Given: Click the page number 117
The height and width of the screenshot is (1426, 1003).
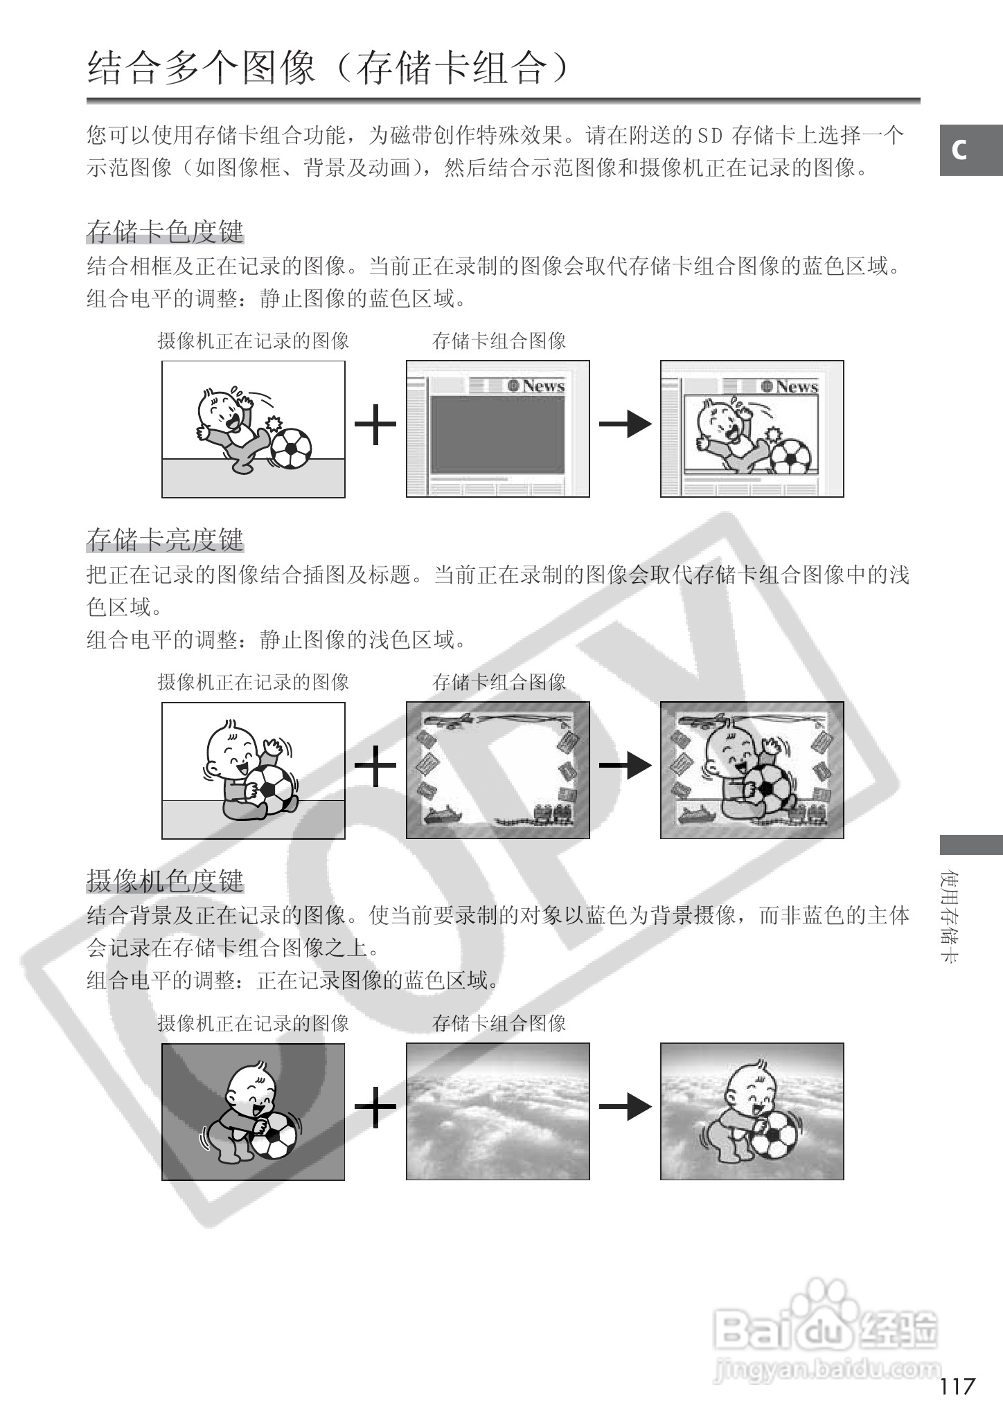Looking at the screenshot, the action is tap(957, 1386).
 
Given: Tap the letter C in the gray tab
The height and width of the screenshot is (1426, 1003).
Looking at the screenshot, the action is tap(959, 150).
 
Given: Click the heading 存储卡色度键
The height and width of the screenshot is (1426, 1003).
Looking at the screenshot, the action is tap(165, 231).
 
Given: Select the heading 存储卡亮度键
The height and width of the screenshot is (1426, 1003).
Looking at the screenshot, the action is tap(165, 539).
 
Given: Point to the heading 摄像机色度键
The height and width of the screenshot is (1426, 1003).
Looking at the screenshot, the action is tap(165, 881).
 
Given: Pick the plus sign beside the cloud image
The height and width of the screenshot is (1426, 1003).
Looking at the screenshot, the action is tap(375, 1106).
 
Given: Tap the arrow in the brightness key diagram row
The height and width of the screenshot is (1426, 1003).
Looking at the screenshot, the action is tap(625, 765).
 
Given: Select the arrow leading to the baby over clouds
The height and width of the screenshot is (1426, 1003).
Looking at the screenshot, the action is tap(625, 1106).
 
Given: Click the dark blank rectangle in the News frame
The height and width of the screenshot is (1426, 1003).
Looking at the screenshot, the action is tap(497, 435).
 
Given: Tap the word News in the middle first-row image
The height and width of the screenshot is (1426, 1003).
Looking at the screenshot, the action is tap(543, 386).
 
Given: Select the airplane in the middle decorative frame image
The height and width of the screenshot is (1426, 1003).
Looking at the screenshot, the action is tap(453, 719).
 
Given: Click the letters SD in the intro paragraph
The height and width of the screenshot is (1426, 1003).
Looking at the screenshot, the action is tap(709, 134).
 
